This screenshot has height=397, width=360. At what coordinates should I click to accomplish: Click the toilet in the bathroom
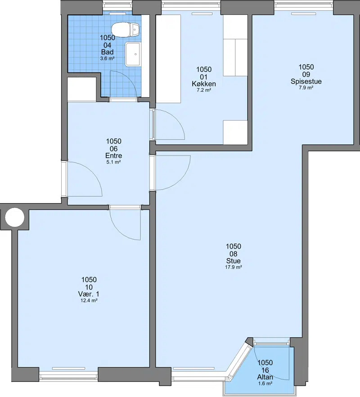pos(126,29)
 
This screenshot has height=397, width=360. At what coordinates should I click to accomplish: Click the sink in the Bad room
pos(132,54)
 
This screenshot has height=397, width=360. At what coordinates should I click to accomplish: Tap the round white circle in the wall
pos(15,217)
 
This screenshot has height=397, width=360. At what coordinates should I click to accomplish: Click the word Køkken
pos(204,84)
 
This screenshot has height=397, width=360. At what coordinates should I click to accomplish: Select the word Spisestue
pos(306,81)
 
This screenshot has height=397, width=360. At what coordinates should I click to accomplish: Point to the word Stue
pos(234,261)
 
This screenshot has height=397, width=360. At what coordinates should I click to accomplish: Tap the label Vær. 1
pos(89,294)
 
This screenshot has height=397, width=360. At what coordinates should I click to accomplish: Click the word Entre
pos(114,156)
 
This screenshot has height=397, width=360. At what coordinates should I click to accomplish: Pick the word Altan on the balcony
pos(265,377)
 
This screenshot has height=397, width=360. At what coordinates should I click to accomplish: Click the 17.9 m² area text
pos(234,267)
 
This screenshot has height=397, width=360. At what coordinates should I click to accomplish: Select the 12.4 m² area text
pos(89,300)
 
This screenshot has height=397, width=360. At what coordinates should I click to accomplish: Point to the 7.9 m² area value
pos(306,88)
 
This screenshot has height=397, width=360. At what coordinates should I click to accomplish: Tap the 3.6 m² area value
pos(107,58)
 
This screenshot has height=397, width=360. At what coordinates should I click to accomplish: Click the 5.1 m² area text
pos(113,162)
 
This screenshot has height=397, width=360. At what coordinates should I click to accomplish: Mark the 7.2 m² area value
pos(204,90)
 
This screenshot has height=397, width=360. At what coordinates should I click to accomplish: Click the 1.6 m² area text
pos(265,384)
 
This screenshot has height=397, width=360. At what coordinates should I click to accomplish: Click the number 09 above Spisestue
pos(306,75)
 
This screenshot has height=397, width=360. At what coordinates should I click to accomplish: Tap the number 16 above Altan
pos(265,370)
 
